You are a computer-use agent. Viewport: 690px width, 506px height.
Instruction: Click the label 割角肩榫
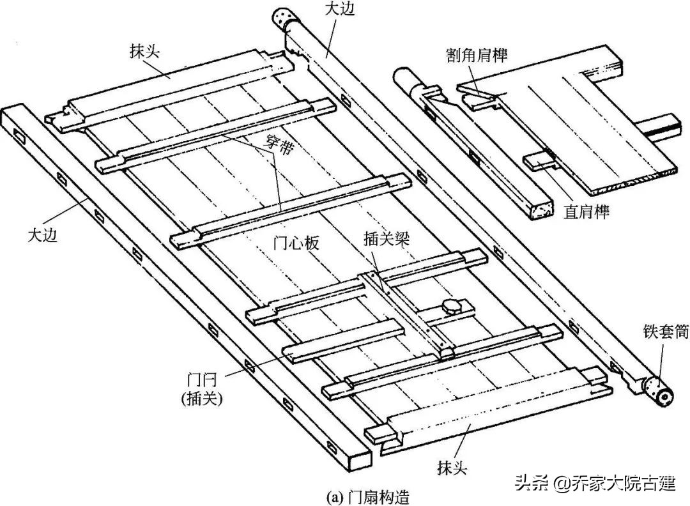(477, 56)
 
